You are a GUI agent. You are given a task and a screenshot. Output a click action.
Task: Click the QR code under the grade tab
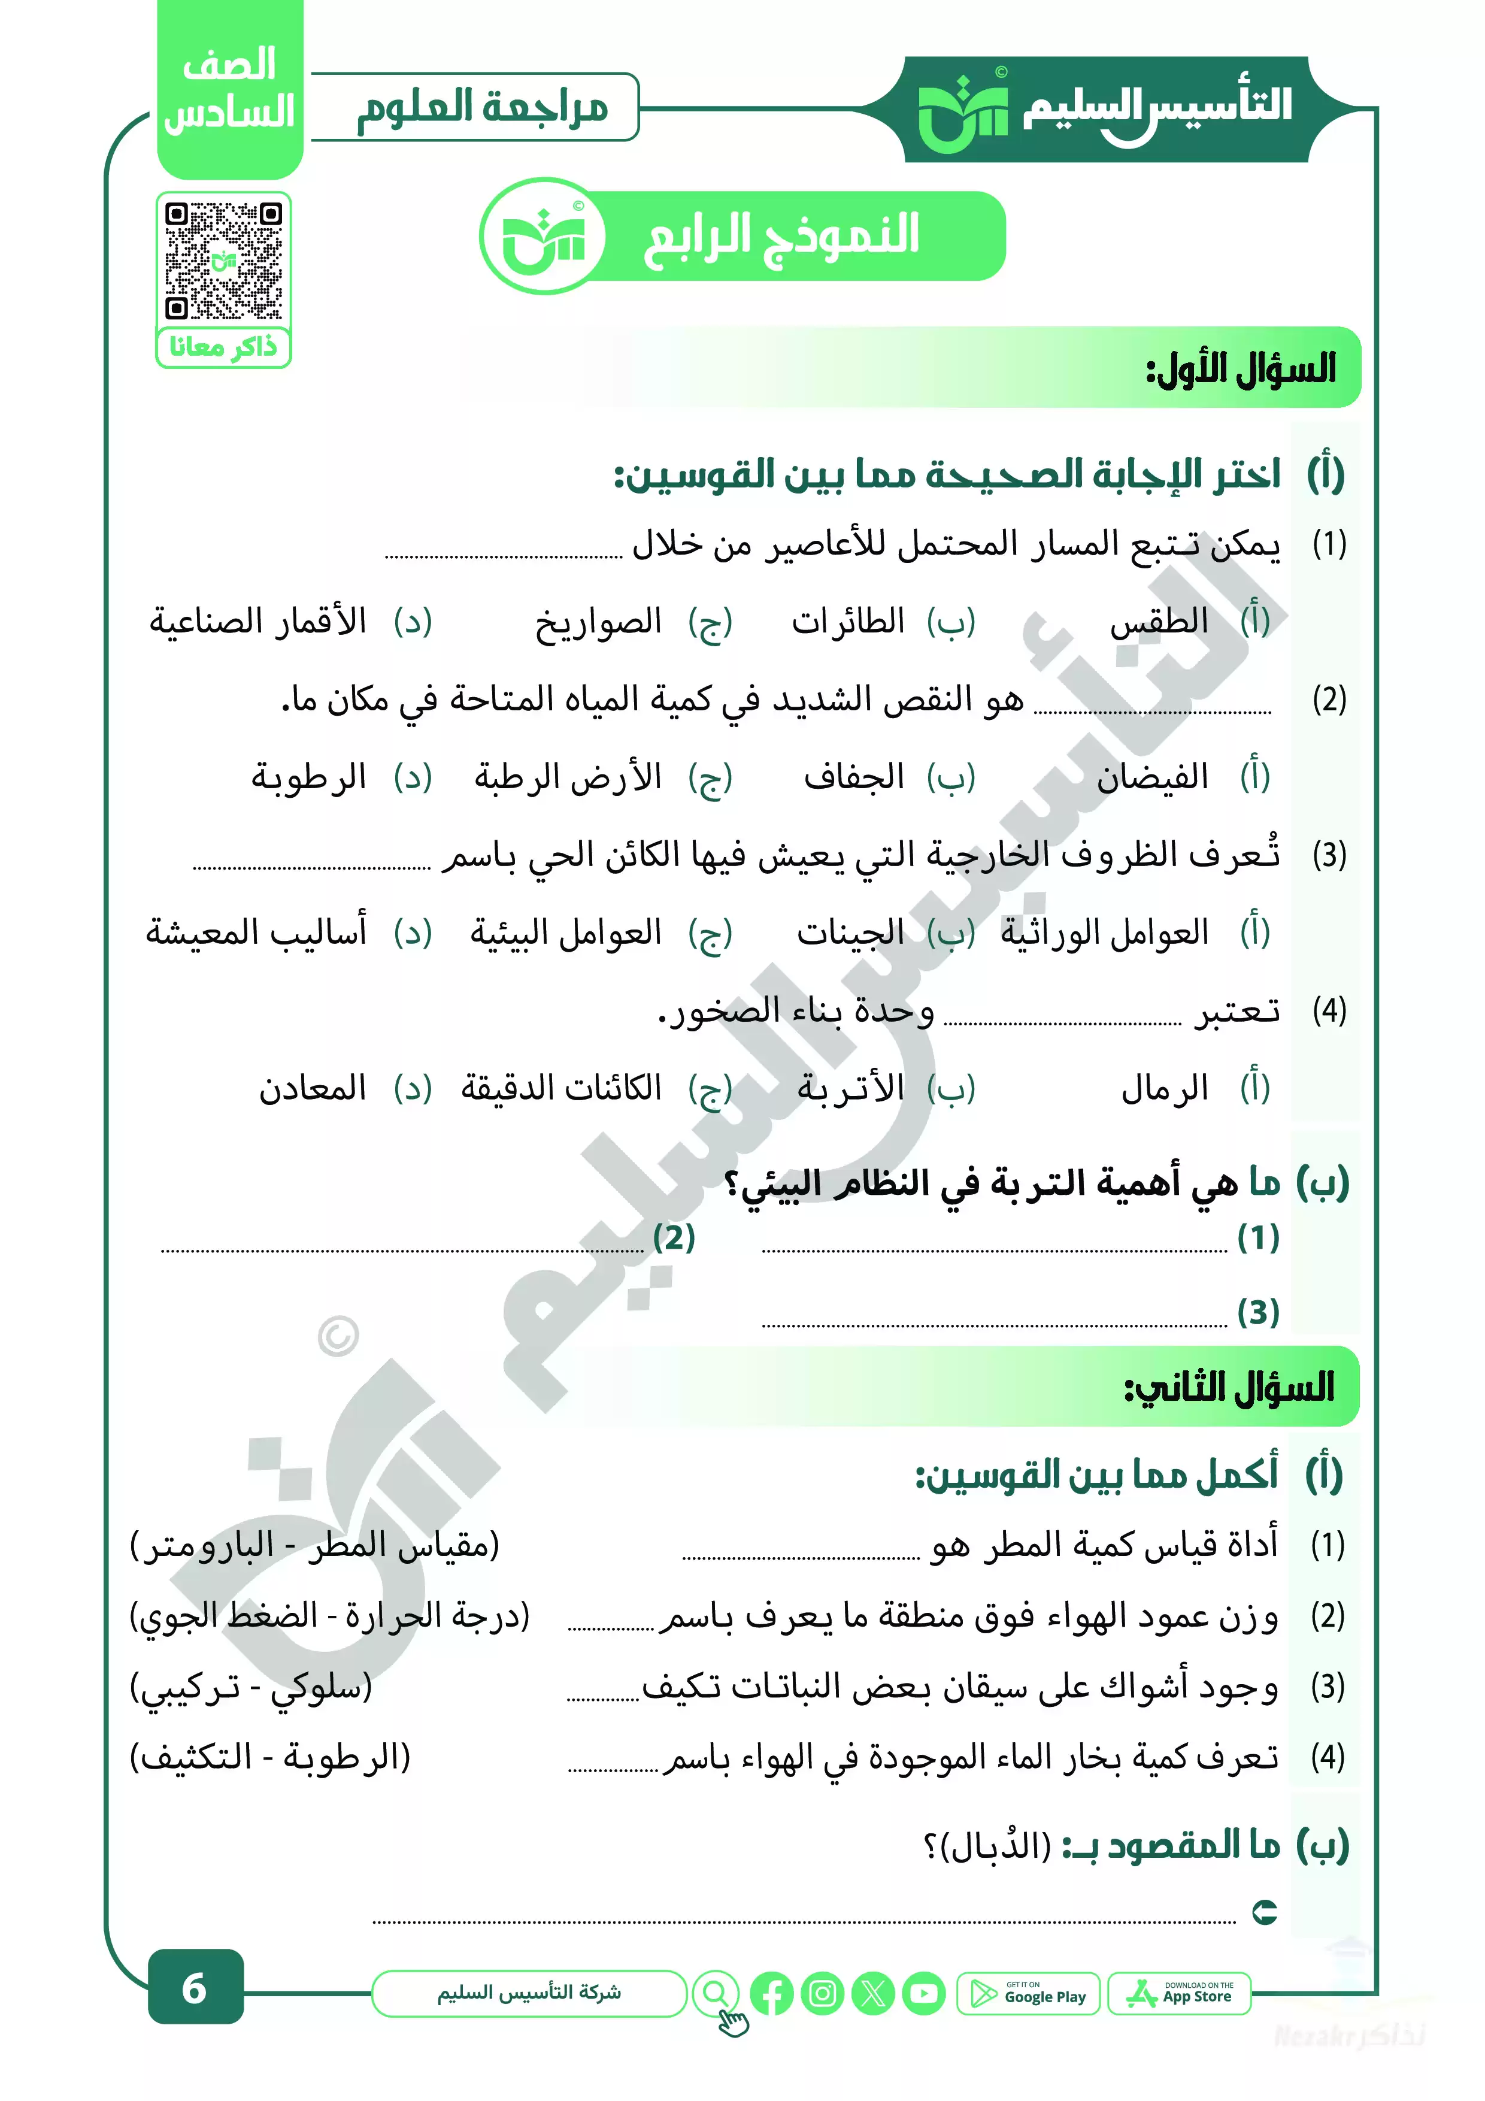click(223, 261)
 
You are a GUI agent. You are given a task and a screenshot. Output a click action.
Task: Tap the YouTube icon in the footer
click(923, 1994)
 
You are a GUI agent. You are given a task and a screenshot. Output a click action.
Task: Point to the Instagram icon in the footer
click(823, 1994)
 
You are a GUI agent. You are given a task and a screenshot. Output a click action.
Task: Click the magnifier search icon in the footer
click(716, 1992)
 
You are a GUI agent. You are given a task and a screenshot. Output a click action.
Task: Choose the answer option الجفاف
click(854, 778)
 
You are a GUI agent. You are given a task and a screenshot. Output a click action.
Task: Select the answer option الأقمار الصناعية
click(258, 622)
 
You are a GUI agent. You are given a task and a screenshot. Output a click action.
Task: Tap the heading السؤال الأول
click(1241, 369)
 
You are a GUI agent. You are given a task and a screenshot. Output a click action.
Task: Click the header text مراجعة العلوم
click(482, 108)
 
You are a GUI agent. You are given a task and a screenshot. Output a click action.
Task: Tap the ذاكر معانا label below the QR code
click(223, 348)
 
